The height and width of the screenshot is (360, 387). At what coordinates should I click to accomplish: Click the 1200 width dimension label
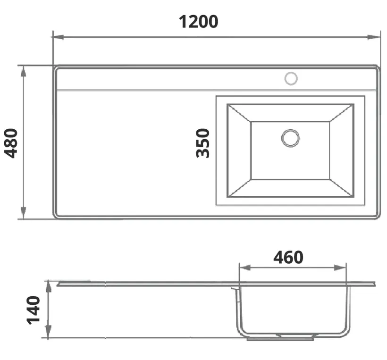[x=198, y=22]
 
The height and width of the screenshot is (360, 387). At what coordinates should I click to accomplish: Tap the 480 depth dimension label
[x=11, y=143]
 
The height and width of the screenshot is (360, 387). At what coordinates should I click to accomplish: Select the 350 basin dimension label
[x=202, y=143]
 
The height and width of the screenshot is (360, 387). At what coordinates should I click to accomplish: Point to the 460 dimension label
[x=288, y=257]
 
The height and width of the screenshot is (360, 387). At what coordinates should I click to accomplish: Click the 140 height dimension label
[x=34, y=310]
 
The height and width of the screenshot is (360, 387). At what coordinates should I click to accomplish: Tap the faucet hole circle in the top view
[x=291, y=78]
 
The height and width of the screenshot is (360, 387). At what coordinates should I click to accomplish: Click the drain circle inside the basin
[x=291, y=138]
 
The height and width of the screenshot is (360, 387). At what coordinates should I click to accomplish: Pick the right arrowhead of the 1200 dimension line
[x=374, y=37]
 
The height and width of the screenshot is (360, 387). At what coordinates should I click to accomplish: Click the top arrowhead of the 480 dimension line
[x=23, y=71]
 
